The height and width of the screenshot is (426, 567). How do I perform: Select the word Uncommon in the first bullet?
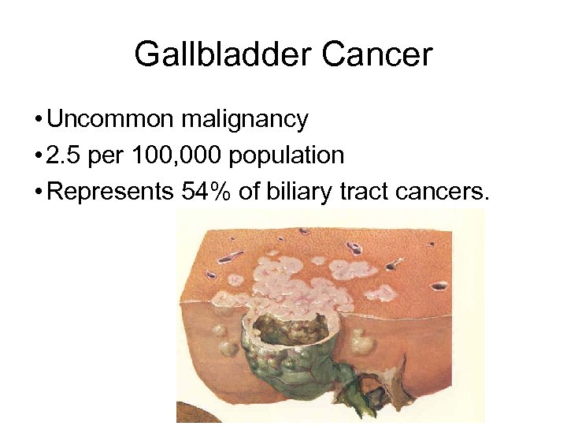110,120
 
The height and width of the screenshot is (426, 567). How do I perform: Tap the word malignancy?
244,120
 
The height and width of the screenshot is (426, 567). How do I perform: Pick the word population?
287,155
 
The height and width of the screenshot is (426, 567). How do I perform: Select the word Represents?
110,192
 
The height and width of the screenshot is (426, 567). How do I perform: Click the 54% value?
206,192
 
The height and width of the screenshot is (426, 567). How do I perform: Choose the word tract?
365,192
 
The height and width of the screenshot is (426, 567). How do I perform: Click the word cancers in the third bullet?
443,192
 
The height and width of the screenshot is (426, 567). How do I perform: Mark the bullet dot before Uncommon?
39,121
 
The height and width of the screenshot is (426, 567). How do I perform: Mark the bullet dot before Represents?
39,192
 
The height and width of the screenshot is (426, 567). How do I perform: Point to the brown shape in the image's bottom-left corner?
189,413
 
